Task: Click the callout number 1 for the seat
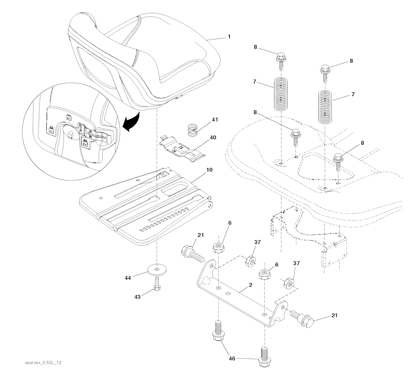tap(229, 36)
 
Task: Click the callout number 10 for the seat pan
tap(210, 169)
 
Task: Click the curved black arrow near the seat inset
tap(133, 123)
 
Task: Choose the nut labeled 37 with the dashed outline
tap(288, 283)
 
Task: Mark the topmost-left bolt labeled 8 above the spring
tap(281, 58)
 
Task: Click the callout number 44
tap(127, 278)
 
